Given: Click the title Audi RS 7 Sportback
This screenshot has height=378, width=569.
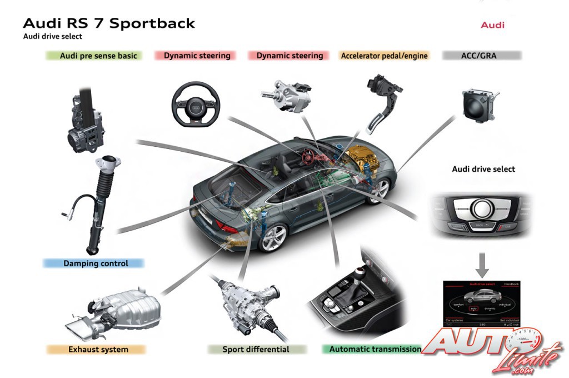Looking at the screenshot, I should pyautogui.click(x=109, y=23).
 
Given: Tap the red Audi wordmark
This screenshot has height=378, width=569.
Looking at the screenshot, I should pyautogui.click(x=492, y=25).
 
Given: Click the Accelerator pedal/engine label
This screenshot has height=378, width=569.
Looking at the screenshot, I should pyautogui.click(x=385, y=56).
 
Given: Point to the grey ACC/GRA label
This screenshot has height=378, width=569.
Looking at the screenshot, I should pyautogui.click(x=481, y=56).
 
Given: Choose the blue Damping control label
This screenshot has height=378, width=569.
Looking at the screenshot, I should pyautogui.click(x=94, y=263).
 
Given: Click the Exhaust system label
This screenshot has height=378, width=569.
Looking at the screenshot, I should pyautogui.click(x=97, y=350).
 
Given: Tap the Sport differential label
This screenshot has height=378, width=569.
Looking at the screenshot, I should pyautogui.click(x=256, y=350).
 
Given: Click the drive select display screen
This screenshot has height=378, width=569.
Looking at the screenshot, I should pyautogui.click(x=482, y=304).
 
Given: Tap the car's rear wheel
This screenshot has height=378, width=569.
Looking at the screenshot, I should pyautogui.click(x=273, y=237).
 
